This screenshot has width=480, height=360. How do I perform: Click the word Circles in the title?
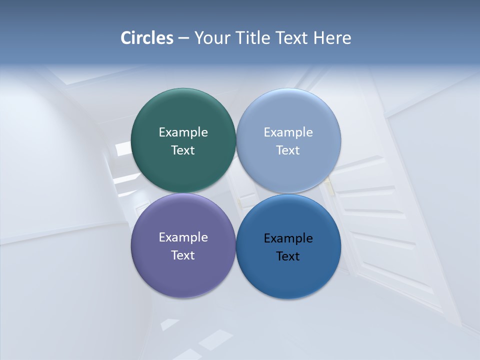click(x=146, y=38)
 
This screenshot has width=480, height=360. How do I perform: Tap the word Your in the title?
click(x=210, y=38)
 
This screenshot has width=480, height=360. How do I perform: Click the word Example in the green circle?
click(x=183, y=132)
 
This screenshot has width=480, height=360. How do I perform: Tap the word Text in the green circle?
click(x=183, y=150)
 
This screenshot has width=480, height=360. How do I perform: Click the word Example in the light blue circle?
click(x=288, y=132)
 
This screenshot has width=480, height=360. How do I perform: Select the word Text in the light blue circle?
click(x=288, y=150)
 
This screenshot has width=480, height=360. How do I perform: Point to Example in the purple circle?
click(x=183, y=237)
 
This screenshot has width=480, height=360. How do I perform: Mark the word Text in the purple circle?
click(x=183, y=255)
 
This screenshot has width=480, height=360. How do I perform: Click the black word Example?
click(x=288, y=238)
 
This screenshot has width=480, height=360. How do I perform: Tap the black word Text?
click(x=288, y=256)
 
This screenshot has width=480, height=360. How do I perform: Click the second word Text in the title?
click(x=292, y=38)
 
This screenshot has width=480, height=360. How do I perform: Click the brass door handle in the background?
click(x=329, y=186)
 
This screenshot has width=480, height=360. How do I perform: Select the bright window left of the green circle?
click(x=123, y=148)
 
